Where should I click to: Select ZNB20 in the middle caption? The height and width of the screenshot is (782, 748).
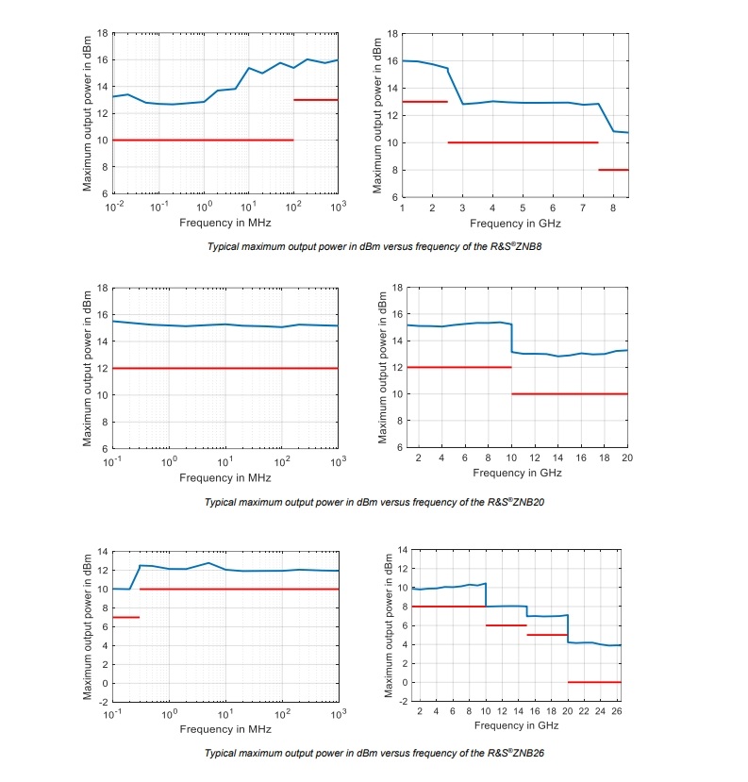click(527, 502)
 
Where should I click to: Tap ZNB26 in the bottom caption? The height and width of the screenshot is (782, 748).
click(527, 753)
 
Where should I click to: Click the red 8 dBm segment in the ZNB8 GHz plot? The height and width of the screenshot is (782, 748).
click(613, 170)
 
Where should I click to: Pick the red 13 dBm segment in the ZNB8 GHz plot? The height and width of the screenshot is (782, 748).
click(424, 101)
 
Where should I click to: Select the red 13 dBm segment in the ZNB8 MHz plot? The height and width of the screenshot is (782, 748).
click(315, 99)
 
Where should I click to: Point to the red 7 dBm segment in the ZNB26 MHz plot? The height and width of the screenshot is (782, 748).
click(126, 617)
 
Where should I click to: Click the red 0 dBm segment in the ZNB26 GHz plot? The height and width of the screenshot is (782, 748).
click(594, 682)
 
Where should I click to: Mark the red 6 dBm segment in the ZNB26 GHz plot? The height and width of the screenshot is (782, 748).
click(506, 625)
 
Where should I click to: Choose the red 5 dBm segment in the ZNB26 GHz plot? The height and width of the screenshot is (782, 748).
click(546, 635)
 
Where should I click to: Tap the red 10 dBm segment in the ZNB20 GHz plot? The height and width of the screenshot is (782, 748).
click(570, 394)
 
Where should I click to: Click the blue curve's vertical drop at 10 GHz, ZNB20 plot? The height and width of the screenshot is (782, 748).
click(511, 338)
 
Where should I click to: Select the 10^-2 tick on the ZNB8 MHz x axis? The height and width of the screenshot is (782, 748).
click(114, 205)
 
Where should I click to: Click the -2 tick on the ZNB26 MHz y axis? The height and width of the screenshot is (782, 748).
click(104, 702)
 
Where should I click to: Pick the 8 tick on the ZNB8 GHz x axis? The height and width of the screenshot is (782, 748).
click(612, 206)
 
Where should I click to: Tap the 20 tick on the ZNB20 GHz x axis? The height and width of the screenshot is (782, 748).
click(627, 458)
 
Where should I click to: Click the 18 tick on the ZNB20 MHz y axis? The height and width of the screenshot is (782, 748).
click(104, 288)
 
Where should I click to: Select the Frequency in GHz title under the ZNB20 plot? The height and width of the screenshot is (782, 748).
click(517, 472)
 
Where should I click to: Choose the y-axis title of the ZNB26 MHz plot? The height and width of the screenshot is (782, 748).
click(88, 625)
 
